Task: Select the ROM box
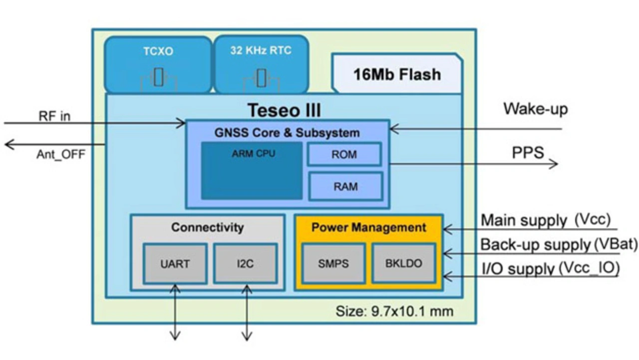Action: [344, 154]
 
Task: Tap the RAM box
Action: [345, 186]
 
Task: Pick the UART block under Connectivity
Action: [175, 264]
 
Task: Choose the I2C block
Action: [245, 264]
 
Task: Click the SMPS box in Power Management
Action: [333, 264]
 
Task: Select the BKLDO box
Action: [403, 264]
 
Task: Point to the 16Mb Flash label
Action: [397, 74]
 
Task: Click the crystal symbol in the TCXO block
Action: [158, 78]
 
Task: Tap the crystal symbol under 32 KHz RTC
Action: [261, 78]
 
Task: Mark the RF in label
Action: [54, 116]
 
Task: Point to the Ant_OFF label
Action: [60, 154]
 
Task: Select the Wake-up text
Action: [535, 108]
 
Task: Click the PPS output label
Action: [528, 152]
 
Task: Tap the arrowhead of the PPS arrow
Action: [554, 163]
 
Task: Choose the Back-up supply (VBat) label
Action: [559, 245]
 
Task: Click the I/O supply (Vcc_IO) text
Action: [550, 269]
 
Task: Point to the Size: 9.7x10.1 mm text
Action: [394, 312]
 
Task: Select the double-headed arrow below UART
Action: [175, 312]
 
